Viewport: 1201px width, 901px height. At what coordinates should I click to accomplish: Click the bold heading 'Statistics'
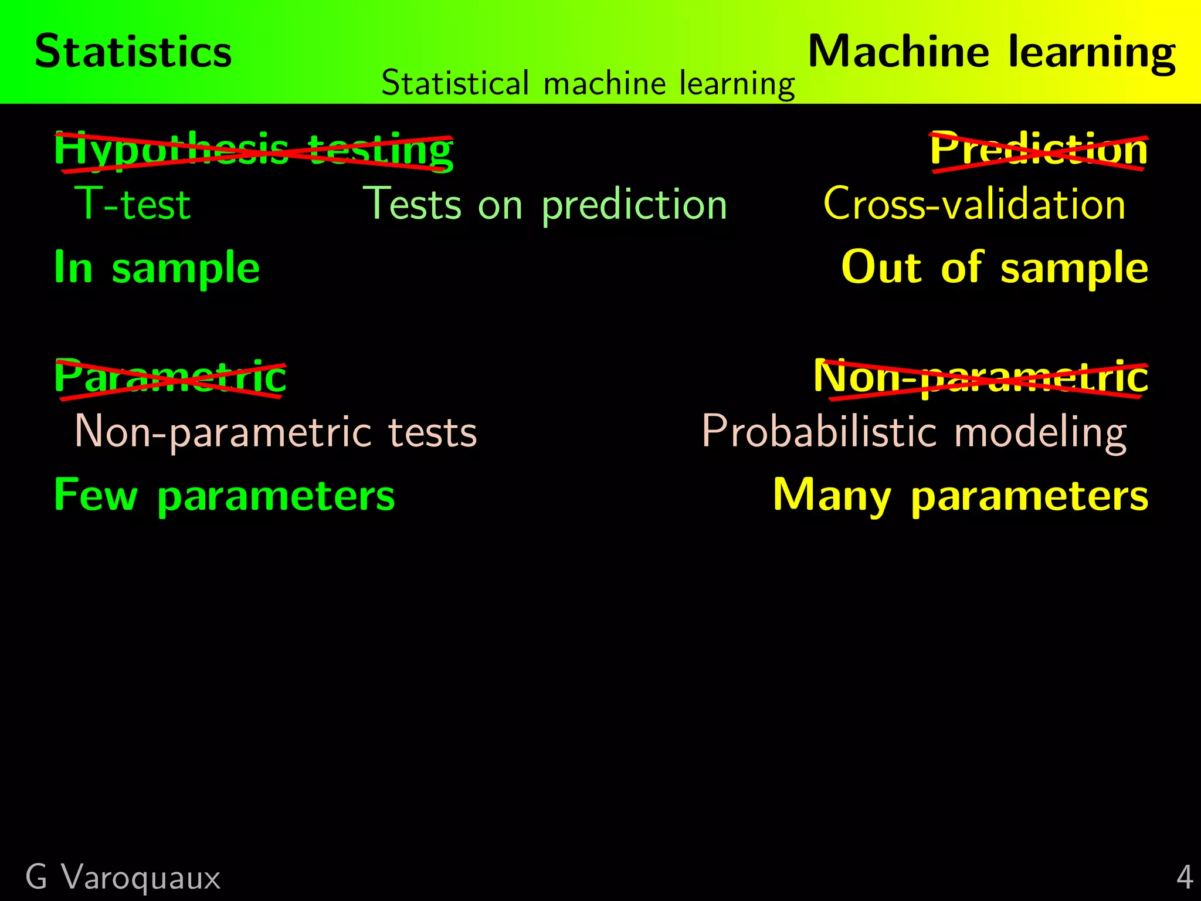point(133,52)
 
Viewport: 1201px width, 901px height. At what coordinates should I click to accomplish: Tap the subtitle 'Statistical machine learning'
point(588,83)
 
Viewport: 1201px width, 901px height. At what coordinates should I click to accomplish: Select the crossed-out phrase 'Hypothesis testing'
point(253,151)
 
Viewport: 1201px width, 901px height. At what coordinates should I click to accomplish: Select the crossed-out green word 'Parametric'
point(170,378)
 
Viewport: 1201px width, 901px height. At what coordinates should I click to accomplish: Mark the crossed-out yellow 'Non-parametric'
point(981,378)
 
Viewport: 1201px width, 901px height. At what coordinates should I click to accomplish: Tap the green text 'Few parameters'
point(224,496)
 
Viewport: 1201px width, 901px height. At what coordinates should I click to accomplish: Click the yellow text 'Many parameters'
point(960,496)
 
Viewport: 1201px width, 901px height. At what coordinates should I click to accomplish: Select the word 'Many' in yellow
point(832,496)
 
